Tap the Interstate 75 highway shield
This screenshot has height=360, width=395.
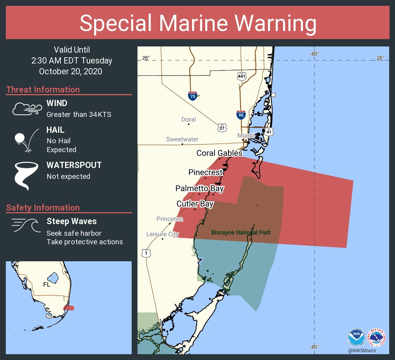click(x=192, y=96)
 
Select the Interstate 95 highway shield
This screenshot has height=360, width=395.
click(x=240, y=114)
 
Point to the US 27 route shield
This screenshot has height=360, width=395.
click(x=222, y=127)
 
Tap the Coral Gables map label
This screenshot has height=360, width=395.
click(x=219, y=153)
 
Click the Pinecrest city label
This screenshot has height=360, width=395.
click(x=206, y=172)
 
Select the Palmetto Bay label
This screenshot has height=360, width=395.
click(x=199, y=189)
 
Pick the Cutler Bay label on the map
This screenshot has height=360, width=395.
click(x=195, y=204)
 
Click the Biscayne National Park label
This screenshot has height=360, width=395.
click(x=240, y=233)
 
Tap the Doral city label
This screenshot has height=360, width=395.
click(x=189, y=120)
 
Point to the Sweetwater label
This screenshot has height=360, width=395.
click(x=182, y=139)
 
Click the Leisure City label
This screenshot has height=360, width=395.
click(x=163, y=234)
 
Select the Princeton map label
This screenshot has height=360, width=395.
click(x=170, y=219)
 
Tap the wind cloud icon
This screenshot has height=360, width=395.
click(x=26, y=109)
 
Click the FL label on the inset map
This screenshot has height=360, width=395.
click(x=47, y=285)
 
